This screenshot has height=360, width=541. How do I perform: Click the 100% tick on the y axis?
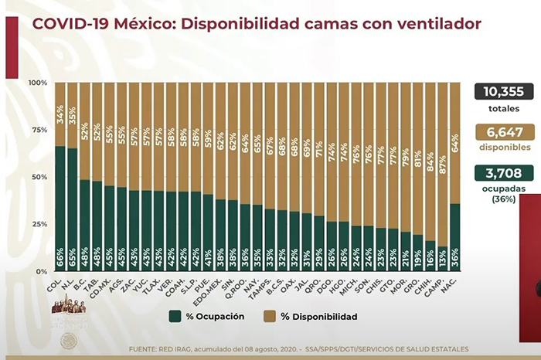tap(38, 83)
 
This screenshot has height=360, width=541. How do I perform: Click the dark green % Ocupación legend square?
tap(175, 316)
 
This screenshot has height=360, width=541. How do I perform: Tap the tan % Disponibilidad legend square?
tap(269, 316)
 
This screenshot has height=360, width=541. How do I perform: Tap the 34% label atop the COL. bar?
tap(60, 117)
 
